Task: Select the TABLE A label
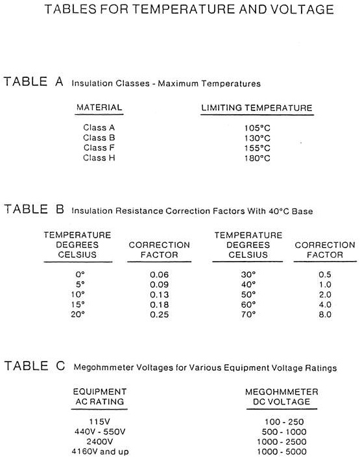click(x=34, y=82)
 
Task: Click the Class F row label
click(x=99, y=147)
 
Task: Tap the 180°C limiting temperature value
click(x=256, y=158)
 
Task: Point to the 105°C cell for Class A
click(x=256, y=127)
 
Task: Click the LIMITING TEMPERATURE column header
click(x=257, y=107)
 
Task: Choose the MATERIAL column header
click(x=99, y=107)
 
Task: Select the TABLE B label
click(x=34, y=209)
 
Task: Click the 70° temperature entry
click(x=248, y=314)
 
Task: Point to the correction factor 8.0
click(x=324, y=314)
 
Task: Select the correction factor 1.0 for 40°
click(x=324, y=284)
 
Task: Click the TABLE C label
click(x=34, y=366)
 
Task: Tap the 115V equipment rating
click(x=99, y=421)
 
